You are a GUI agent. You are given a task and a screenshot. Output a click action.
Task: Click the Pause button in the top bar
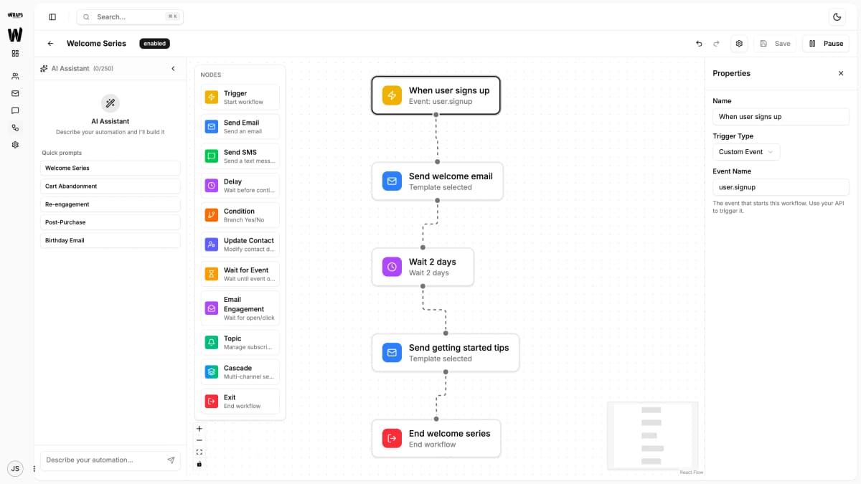point(825,44)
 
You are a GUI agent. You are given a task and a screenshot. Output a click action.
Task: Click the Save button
point(775,44)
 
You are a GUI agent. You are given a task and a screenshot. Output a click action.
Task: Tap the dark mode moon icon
point(837,16)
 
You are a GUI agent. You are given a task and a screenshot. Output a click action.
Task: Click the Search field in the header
point(130,16)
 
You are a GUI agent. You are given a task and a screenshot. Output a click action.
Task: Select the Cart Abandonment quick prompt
point(110,186)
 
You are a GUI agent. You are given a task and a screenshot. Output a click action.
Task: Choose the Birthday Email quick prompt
point(110,240)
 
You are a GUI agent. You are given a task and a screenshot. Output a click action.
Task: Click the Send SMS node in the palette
point(240,156)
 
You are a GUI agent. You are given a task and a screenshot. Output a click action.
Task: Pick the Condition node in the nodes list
point(240,215)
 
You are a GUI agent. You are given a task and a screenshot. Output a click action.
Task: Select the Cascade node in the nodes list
point(240,372)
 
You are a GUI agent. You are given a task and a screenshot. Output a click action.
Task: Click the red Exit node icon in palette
point(211,402)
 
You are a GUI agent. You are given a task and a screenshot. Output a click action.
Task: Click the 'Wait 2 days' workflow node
point(423,267)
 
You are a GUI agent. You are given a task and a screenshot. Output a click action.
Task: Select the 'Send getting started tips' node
point(445,352)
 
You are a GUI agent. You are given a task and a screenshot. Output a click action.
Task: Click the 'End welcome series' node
point(436,438)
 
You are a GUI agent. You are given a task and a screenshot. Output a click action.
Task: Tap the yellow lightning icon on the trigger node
point(392,95)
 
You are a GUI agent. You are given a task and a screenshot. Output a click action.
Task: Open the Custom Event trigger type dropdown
point(746,152)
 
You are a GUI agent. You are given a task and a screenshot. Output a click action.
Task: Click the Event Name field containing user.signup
point(781,187)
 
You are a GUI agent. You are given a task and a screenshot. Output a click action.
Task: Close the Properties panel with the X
point(841,73)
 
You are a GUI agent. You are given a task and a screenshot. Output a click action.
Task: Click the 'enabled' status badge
point(154,44)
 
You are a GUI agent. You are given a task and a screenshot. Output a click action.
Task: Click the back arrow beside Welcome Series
point(50,44)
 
